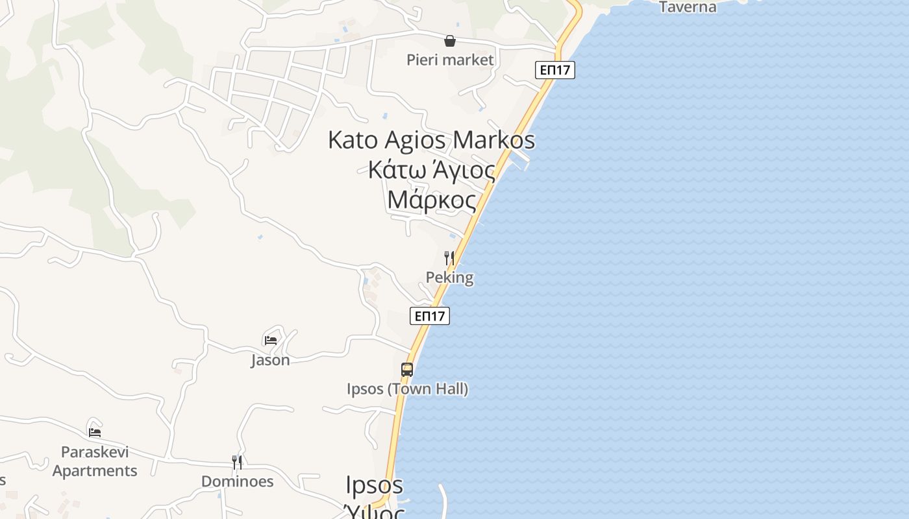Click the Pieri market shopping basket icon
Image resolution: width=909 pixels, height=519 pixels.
(449, 41)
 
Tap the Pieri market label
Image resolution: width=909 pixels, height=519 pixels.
(450, 60)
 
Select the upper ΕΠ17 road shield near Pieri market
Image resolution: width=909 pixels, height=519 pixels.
(555, 70)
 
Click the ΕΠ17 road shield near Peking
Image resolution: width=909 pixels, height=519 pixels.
(430, 316)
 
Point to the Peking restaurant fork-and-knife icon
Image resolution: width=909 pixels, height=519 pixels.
(449, 258)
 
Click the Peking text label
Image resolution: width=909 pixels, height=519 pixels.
(449, 278)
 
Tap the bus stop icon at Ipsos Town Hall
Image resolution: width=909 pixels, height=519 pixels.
(407, 370)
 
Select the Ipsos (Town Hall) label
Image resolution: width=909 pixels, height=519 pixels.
(407, 389)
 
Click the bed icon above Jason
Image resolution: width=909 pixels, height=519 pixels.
(271, 339)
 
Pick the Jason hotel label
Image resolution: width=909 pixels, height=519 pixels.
(270, 359)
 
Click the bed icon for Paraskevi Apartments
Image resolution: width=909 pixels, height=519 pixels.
(95, 432)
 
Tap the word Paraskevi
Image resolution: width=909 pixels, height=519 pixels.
(95, 452)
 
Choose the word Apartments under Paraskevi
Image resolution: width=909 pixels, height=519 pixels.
(95, 470)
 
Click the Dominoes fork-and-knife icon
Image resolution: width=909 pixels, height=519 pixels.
(237, 462)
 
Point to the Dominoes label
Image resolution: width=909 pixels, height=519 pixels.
(237, 481)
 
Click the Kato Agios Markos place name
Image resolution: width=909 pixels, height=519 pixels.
(431, 139)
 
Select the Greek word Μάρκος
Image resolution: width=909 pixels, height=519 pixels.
(431, 200)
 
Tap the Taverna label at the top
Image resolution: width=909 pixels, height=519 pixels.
(688, 7)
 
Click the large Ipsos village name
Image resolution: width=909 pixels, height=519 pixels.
(374, 485)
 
